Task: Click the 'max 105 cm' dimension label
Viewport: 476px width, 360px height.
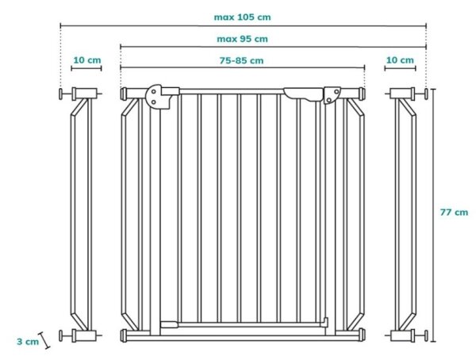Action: [x=242, y=17]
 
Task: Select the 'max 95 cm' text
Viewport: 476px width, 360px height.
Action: [x=242, y=39]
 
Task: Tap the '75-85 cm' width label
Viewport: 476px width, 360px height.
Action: [x=241, y=60]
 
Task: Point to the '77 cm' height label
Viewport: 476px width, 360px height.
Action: [x=454, y=213]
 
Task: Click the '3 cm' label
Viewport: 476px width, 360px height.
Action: [x=28, y=342]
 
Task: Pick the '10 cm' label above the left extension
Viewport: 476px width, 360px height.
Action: [x=87, y=60]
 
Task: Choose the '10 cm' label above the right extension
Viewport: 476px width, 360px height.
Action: [x=400, y=60]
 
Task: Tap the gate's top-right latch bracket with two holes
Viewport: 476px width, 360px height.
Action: [x=332, y=95]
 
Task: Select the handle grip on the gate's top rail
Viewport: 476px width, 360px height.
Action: [x=303, y=94]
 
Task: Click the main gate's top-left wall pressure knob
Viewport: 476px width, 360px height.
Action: [x=124, y=94]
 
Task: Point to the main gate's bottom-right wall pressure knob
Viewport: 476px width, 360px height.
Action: [x=362, y=335]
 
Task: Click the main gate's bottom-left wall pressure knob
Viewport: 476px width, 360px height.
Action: [x=124, y=335]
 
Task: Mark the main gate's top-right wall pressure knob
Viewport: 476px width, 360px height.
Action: [x=362, y=94]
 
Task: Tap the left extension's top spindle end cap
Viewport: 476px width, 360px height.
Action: [x=61, y=94]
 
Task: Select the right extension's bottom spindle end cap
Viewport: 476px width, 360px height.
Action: [x=426, y=335]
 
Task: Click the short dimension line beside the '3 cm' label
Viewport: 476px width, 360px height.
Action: [x=44, y=340]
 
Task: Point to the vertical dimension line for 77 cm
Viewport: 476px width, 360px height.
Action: [x=433, y=216]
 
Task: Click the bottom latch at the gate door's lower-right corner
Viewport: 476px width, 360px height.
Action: [x=325, y=322]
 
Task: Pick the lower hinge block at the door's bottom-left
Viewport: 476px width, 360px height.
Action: [x=169, y=324]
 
